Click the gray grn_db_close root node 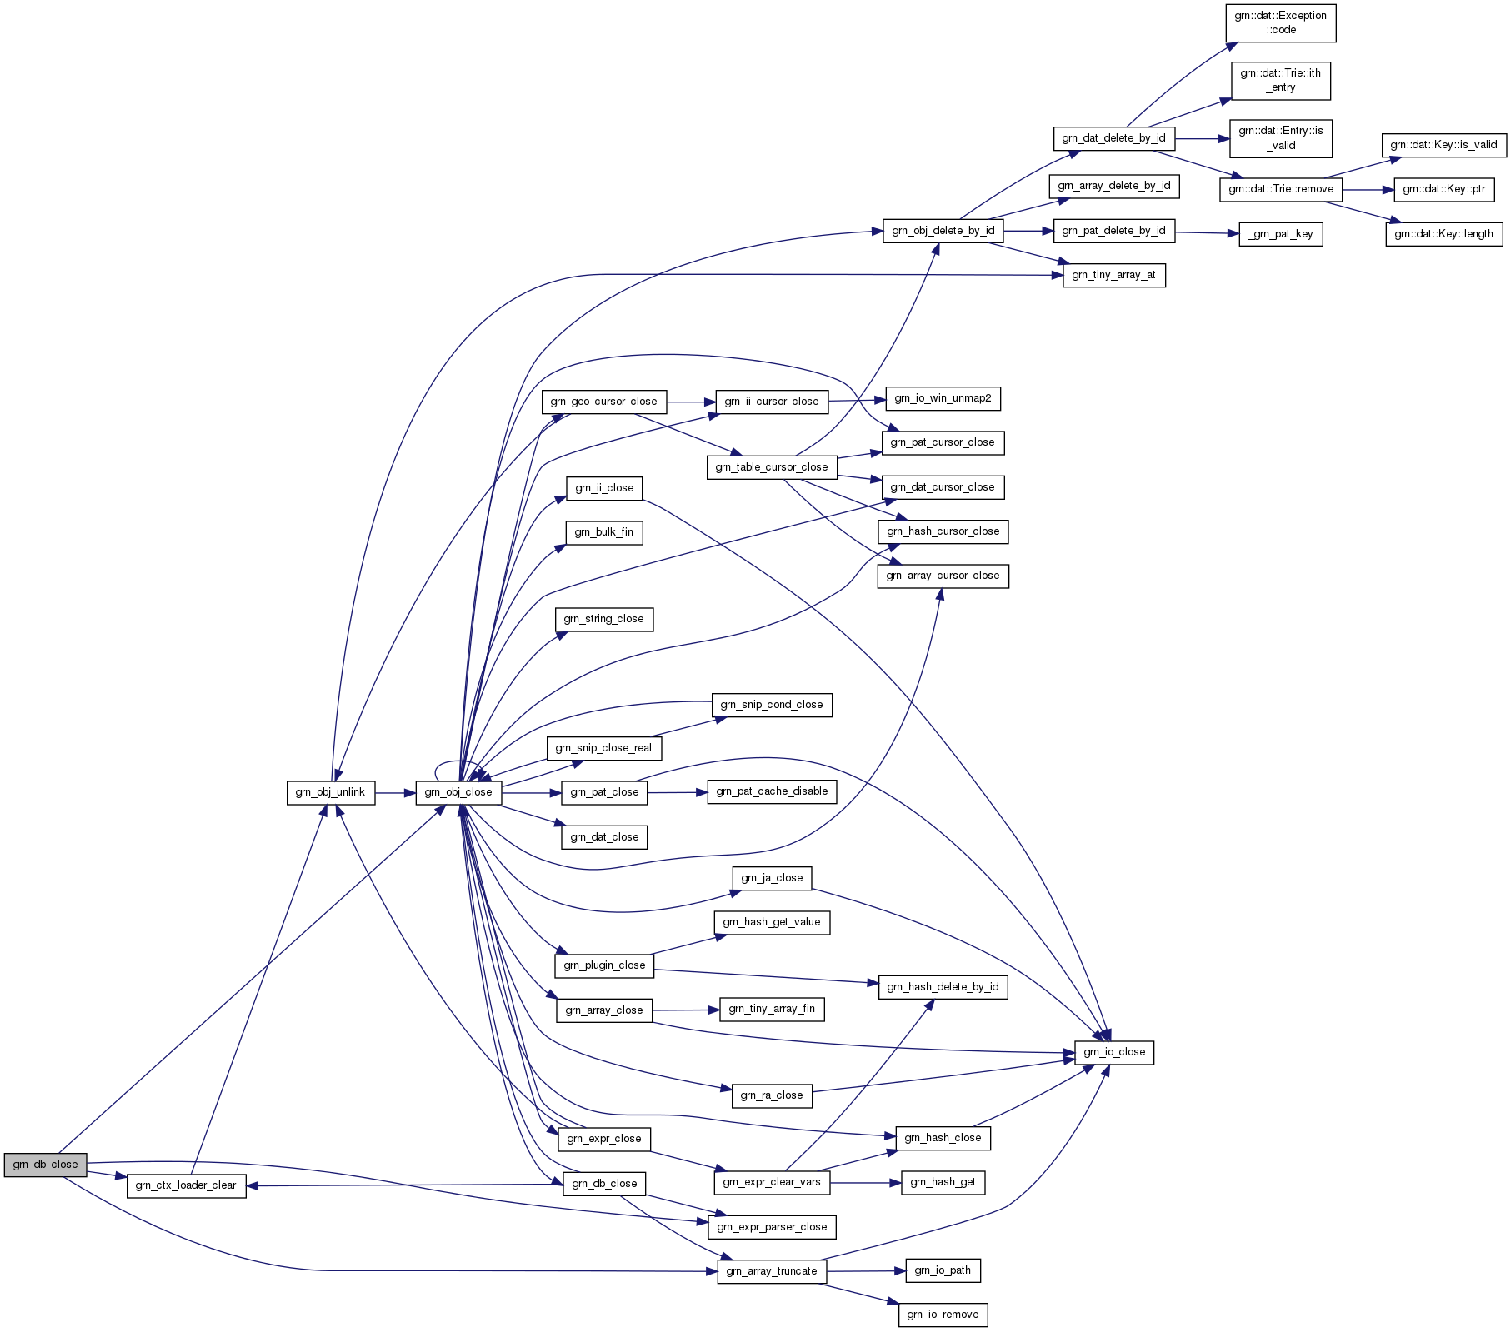(45, 1165)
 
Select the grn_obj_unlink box (330, 792)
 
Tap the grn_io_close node (1114, 1052)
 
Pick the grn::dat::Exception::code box (1280, 22)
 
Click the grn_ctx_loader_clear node (186, 1185)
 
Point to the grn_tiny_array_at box (1113, 275)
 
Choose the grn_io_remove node (943, 1315)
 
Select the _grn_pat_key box (1280, 234)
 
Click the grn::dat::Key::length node (1443, 234)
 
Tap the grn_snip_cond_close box (771, 705)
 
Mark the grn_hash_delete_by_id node (943, 987)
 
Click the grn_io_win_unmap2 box (943, 398)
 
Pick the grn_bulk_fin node (603, 532)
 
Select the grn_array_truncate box (772, 1271)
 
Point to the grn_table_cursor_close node (771, 467)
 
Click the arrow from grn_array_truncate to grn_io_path (866, 1271)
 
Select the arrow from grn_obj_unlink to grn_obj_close (395, 792)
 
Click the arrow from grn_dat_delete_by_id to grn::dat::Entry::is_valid (1202, 138)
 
